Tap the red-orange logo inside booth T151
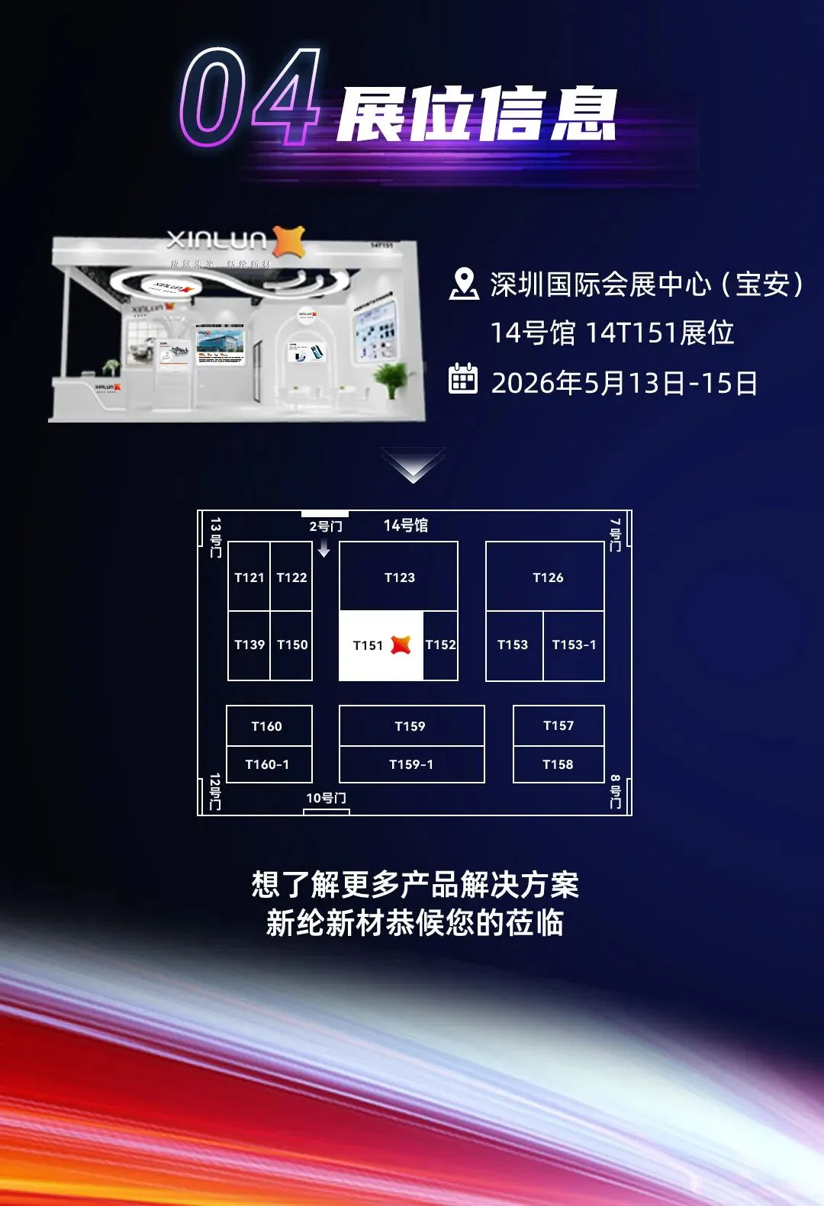[x=401, y=645]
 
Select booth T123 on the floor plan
[x=399, y=577]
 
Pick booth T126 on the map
[x=547, y=577]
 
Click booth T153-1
[x=574, y=645]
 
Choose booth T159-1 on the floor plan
[x=411, y=764]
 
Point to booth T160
[x=267, y=726]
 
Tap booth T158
[x=558, y=764]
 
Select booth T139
[x=249, y=645]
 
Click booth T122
[x=291, y=577]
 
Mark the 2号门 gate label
[x=326, y=526]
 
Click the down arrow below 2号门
[x=324, y=548]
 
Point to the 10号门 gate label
[x=326, y=798]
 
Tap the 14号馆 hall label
[x=406, y=526]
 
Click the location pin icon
[x=463, y=284]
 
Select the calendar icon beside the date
[x=463, y=379]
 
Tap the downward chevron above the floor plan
[x=413, y=465]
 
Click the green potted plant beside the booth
[x=392, y=378]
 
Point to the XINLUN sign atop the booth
[x=217, y=240]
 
